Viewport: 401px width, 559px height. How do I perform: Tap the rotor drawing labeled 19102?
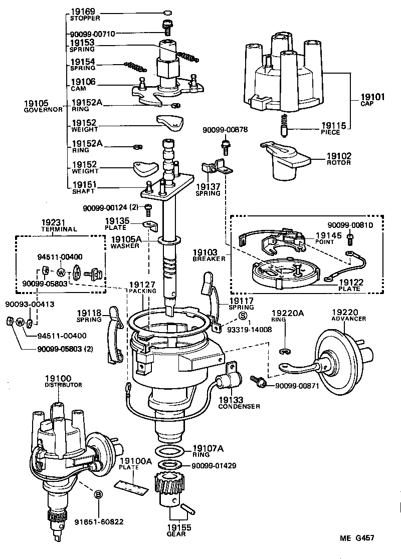[x=283, y=160]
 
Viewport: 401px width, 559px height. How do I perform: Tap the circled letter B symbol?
[x=99, y=494]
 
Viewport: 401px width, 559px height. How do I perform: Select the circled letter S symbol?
[x=243, y=316]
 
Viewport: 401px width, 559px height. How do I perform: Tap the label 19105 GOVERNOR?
[x=43, y=106]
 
